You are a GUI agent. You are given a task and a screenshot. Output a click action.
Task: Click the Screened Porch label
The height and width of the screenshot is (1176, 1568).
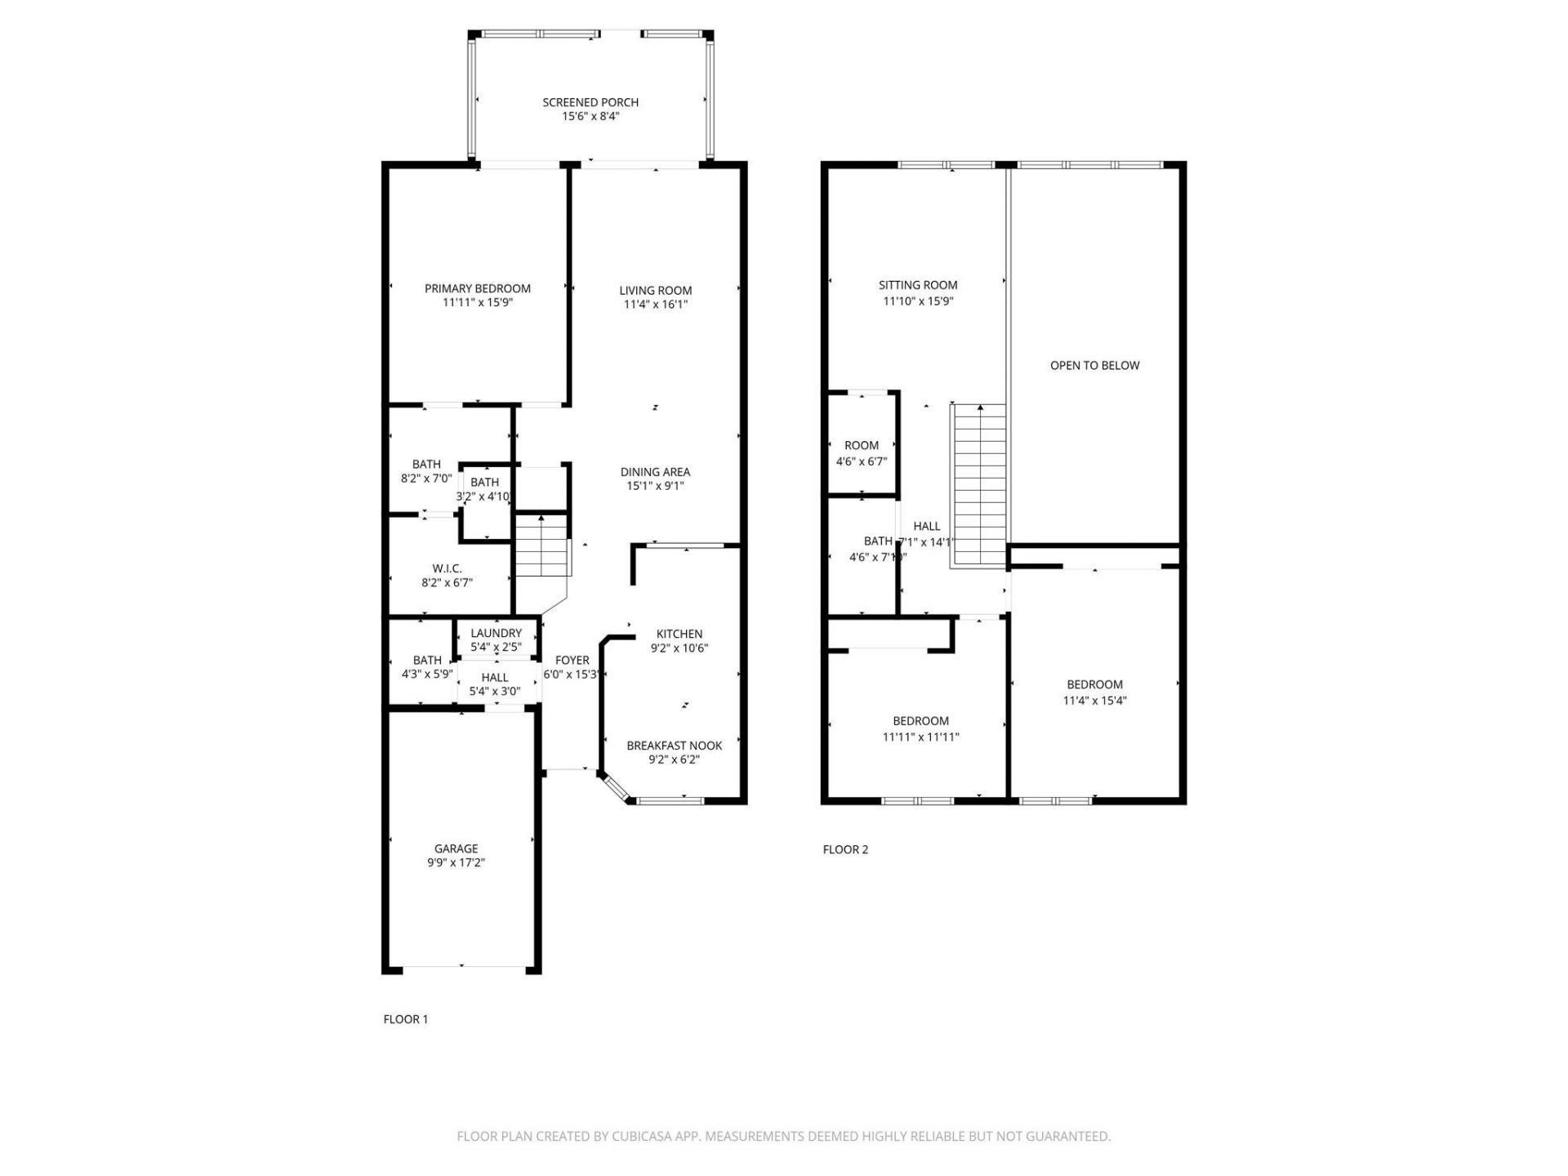coord(590,102)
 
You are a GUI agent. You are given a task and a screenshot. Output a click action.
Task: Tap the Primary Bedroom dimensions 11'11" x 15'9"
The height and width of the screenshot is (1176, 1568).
coord(478,303)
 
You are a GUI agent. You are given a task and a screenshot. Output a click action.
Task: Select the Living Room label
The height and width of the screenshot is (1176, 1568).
coord(655,290)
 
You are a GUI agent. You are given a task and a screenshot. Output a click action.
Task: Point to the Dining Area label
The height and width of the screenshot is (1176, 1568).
coord(655,472)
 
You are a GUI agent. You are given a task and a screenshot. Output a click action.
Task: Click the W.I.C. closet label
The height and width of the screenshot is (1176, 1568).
coord(447,568)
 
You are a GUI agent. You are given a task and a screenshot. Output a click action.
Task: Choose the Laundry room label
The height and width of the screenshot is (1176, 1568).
coord(496,633)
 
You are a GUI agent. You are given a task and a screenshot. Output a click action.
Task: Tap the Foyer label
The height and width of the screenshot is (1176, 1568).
coord(572,661)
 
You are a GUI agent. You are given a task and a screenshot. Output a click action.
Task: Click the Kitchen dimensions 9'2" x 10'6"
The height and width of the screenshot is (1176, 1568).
coord(679,648)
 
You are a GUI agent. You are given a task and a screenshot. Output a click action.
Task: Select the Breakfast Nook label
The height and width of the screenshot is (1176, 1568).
coord(674,746)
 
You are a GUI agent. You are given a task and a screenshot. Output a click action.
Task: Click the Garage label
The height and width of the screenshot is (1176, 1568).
coord(456,849)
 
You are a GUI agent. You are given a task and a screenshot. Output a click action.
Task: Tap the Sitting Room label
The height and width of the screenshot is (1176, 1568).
coord(918,285)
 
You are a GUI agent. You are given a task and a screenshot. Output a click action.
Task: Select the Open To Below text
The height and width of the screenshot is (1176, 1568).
coord(1094,365)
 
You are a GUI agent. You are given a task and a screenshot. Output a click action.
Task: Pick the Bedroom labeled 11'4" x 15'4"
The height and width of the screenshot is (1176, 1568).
coord(1094,684)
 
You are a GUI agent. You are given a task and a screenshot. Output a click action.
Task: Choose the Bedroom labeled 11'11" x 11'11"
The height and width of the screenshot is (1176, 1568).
coord(920,721)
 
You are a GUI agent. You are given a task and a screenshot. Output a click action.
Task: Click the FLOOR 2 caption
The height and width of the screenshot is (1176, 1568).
coord(845,849)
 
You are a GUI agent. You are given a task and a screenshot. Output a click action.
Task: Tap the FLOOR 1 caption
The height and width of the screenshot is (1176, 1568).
coord(405,1019)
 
